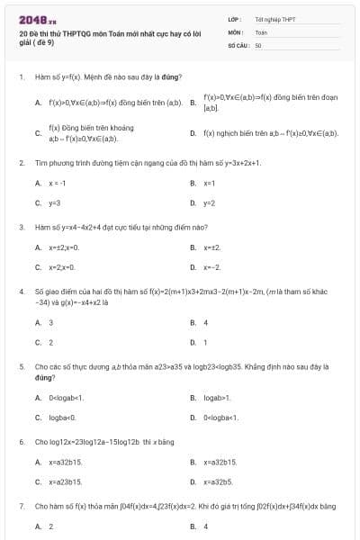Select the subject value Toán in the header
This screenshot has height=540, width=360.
coord(262,31)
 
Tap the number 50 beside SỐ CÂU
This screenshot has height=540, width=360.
coord(258,44)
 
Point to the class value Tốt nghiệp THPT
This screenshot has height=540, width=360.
coord(274,19)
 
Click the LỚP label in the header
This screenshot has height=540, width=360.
coord(233,19)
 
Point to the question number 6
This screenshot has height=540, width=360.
coord(22,442)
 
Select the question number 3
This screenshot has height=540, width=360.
coord(22,228)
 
